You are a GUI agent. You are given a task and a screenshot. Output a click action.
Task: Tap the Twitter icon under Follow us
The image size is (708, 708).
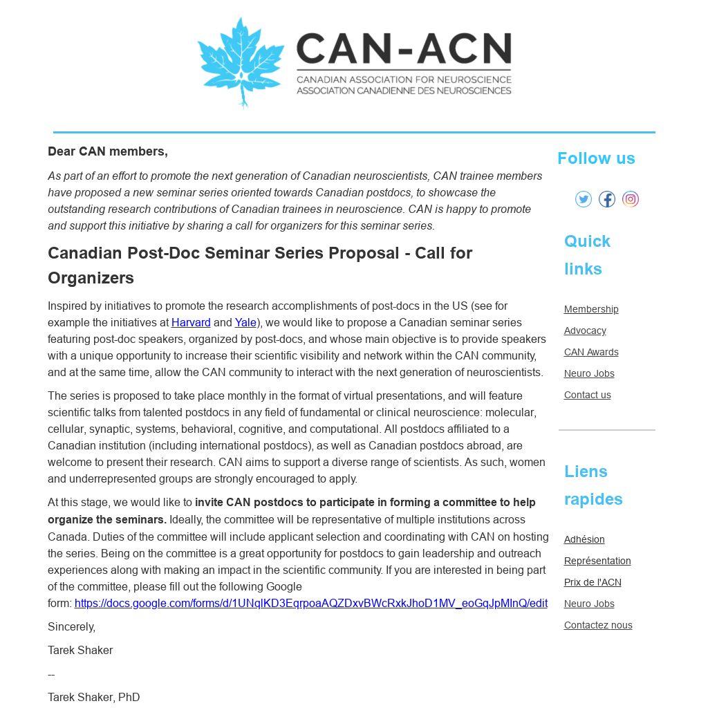click(x=584, y=199)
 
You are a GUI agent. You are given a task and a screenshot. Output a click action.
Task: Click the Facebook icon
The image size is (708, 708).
click(x=607, y=199)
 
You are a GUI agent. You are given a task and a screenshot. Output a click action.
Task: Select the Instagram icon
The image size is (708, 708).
click(x=631, y=199)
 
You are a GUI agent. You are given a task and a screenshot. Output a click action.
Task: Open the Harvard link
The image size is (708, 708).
click(x=191, y=323)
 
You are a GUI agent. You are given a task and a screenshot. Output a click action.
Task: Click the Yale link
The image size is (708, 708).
click(x=245, y=323)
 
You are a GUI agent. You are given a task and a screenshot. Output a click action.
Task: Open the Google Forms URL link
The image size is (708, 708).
click(x=310, y=604)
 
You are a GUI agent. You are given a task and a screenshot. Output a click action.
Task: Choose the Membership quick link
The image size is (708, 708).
click(x=591, y=309)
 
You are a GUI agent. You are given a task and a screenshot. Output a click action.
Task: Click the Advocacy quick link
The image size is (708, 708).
click(x=585, y=330)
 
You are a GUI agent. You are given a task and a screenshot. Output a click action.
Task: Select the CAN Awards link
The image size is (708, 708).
click(x=591, y=352)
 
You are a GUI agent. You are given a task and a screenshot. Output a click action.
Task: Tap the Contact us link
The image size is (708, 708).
click(x=587, y=395)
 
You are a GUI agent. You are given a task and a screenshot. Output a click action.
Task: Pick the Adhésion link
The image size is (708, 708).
click(x=584, y=539)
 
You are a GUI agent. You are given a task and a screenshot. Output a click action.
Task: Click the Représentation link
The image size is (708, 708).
click(x=597, y=561)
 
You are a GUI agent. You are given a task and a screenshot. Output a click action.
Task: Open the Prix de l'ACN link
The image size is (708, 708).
click(x=593, y=582)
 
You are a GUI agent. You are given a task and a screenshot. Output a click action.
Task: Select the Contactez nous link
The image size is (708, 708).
click(x=598, y=625)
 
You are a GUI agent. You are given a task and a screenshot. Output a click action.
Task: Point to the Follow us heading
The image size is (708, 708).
click(x=596, y=158)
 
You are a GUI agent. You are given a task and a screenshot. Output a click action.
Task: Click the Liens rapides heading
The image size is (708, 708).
click(x=593, y=485)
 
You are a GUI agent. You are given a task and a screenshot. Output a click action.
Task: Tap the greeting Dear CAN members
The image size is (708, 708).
click(x=108, y=151)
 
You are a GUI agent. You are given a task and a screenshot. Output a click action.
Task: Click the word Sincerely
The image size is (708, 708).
click(x=71, y=627)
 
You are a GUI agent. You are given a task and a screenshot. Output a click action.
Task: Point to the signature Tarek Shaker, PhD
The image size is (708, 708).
click(x=94, y=698)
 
